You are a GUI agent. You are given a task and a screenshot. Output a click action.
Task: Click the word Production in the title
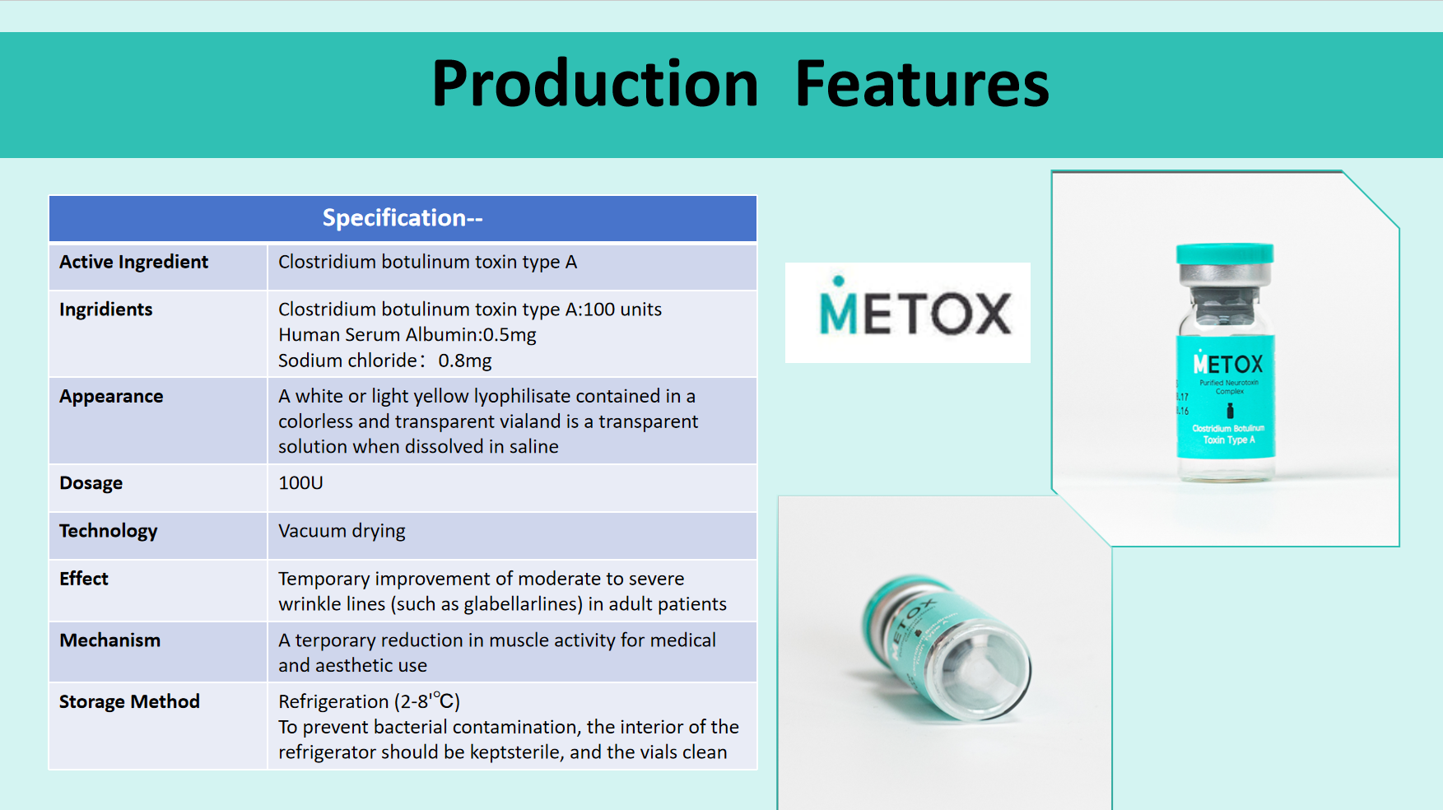pos(594,84)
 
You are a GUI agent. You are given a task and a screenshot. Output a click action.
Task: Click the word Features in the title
pos(922,84)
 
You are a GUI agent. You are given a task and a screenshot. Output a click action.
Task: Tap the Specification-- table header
pos(403,218)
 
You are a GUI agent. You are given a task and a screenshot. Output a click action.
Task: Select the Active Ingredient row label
pos(133,262)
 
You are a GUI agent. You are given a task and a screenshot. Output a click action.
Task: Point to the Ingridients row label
pos(105,310)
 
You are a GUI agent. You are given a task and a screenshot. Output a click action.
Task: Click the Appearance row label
pos(111,397)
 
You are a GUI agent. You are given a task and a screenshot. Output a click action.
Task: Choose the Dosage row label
pos(91,483)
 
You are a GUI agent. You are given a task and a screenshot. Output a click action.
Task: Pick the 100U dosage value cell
pos(300,483)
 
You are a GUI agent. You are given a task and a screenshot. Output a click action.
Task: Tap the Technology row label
pos(108,531)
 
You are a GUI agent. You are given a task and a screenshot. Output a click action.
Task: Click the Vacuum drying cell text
pos(342,531)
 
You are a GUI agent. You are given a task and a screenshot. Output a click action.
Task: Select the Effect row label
pos(84,579)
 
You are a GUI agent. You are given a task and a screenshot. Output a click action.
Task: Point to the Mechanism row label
pos(109,640)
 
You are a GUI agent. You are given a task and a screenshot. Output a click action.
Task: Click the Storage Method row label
pos(129,701)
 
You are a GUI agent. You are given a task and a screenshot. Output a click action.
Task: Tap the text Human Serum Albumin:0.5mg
pos(407,335)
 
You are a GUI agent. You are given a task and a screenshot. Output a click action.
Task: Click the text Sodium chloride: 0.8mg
pos(384,361)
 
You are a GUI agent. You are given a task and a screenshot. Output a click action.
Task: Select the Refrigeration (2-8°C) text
pos(369,701)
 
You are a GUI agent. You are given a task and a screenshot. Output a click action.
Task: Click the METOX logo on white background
pos(908,313)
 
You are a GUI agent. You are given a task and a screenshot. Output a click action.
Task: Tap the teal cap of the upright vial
pos(1225,254)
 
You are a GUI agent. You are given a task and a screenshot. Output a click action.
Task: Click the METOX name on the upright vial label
pos(1227,363)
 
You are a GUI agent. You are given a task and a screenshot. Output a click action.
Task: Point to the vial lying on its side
pos(946,648)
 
